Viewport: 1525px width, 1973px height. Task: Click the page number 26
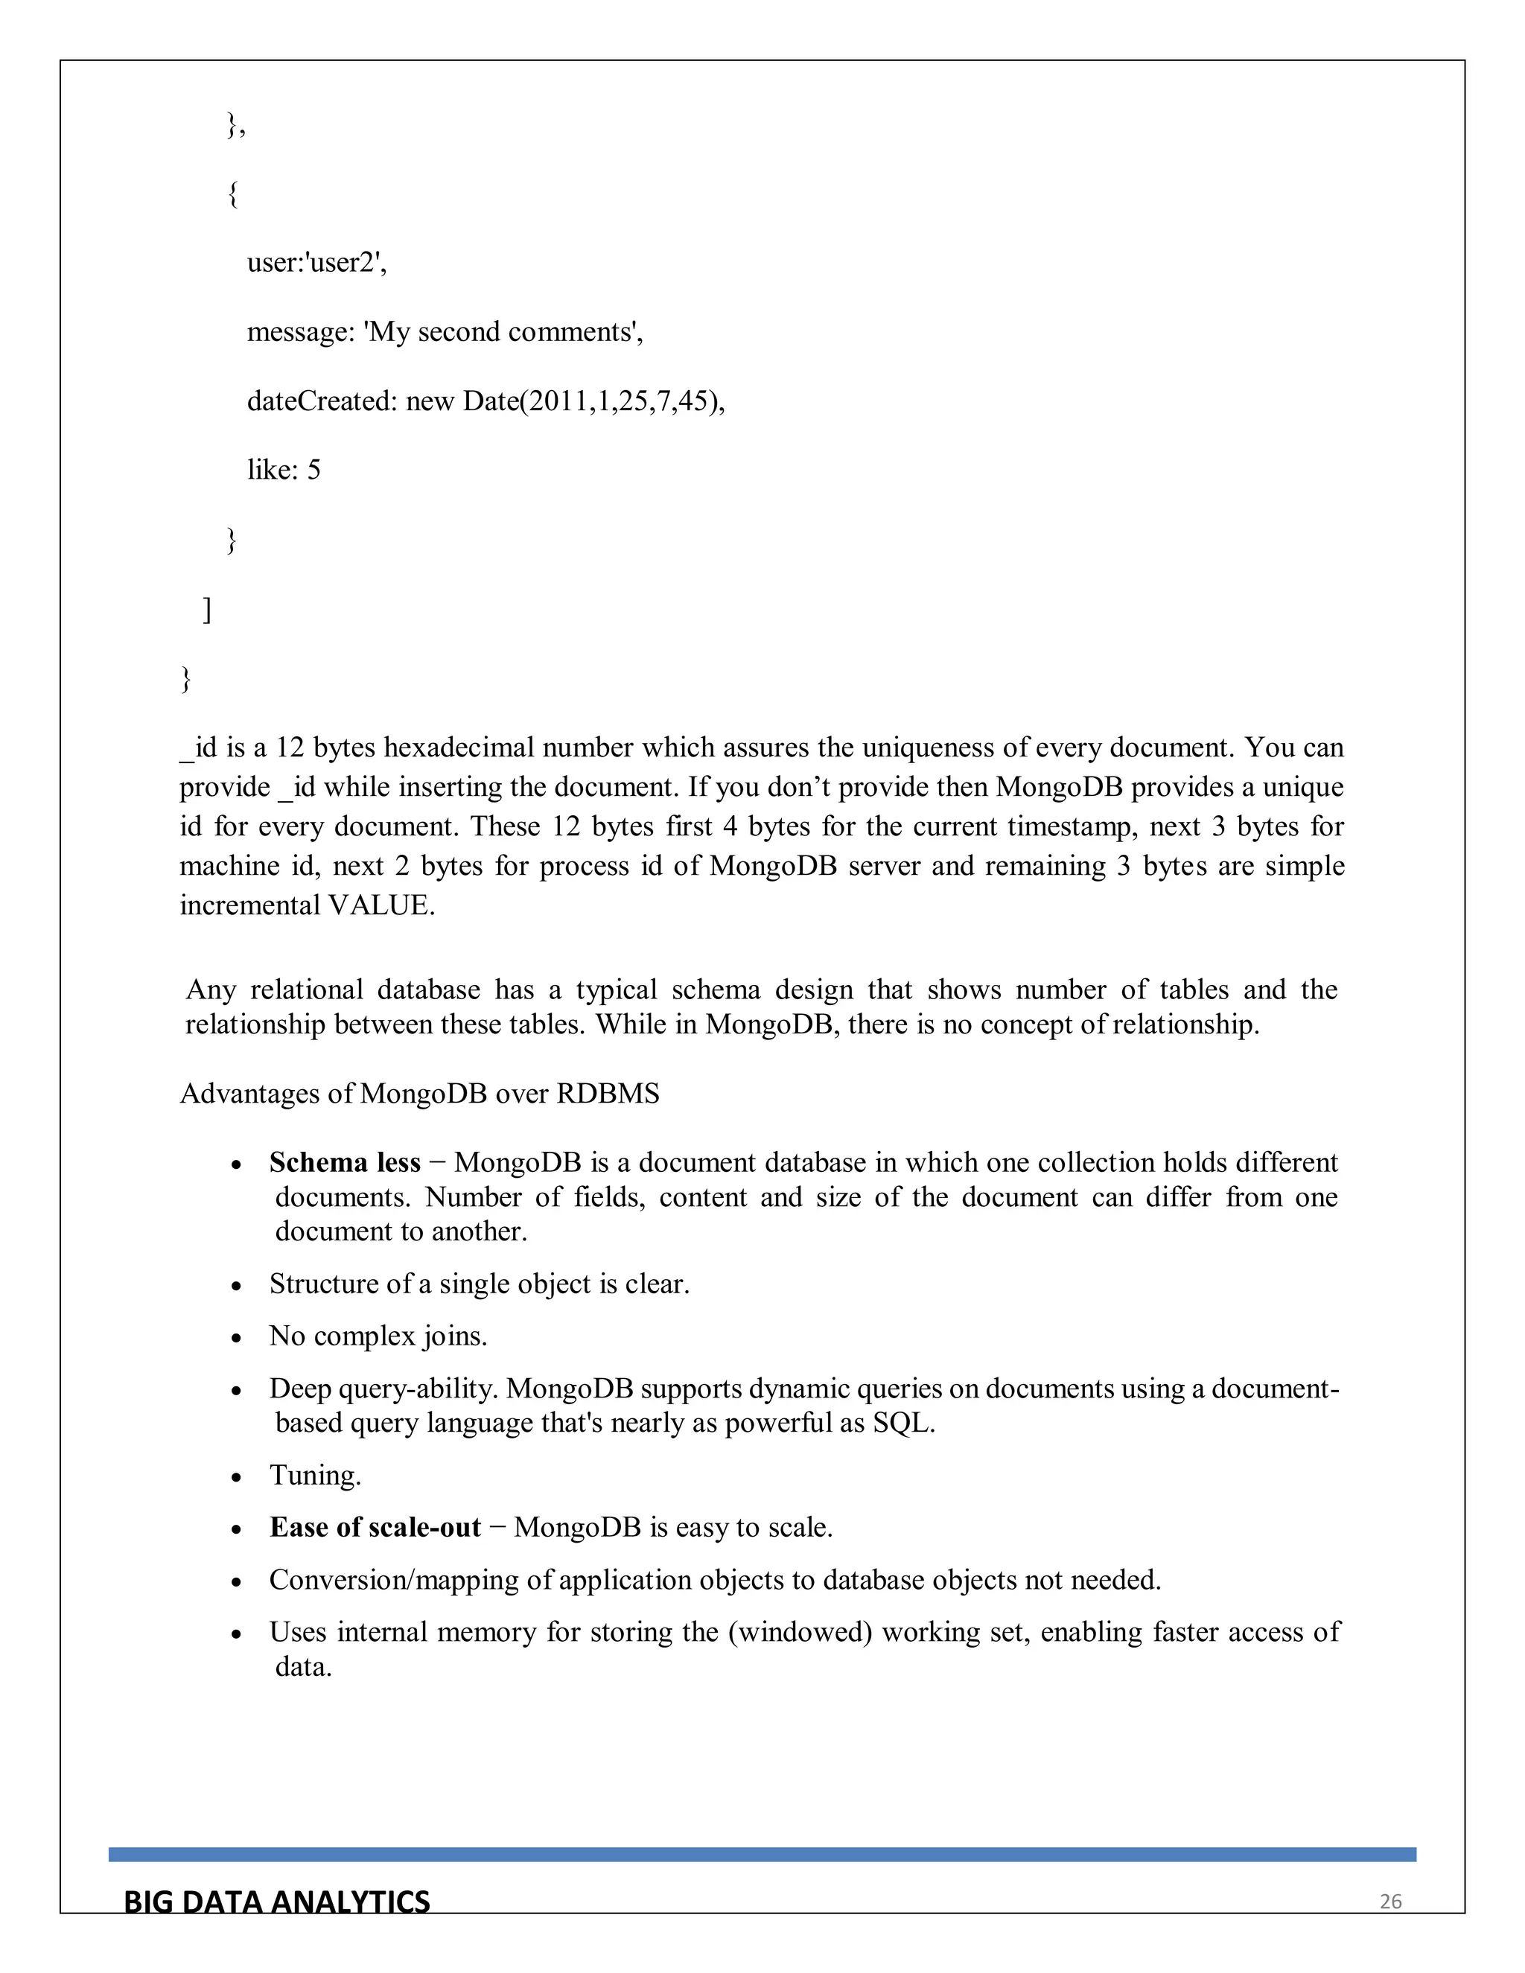click(1390, 1902)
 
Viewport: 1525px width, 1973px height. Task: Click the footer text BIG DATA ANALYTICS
click(276, 1902)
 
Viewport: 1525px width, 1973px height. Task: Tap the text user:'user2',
click(316, 263)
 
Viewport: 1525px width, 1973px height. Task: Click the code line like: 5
click(284, 470)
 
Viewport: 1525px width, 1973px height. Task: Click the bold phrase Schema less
click(344, 1163)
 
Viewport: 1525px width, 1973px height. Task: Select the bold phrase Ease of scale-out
click(375, 1528)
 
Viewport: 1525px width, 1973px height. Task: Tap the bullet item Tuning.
click(314, 1475)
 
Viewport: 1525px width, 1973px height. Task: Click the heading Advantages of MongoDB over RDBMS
click(419, 1094)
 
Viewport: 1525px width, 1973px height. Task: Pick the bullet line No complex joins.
click(378, 1336)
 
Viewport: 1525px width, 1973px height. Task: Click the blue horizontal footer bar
click(762, 1855)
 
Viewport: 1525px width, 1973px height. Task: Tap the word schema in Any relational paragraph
click(716, 990)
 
